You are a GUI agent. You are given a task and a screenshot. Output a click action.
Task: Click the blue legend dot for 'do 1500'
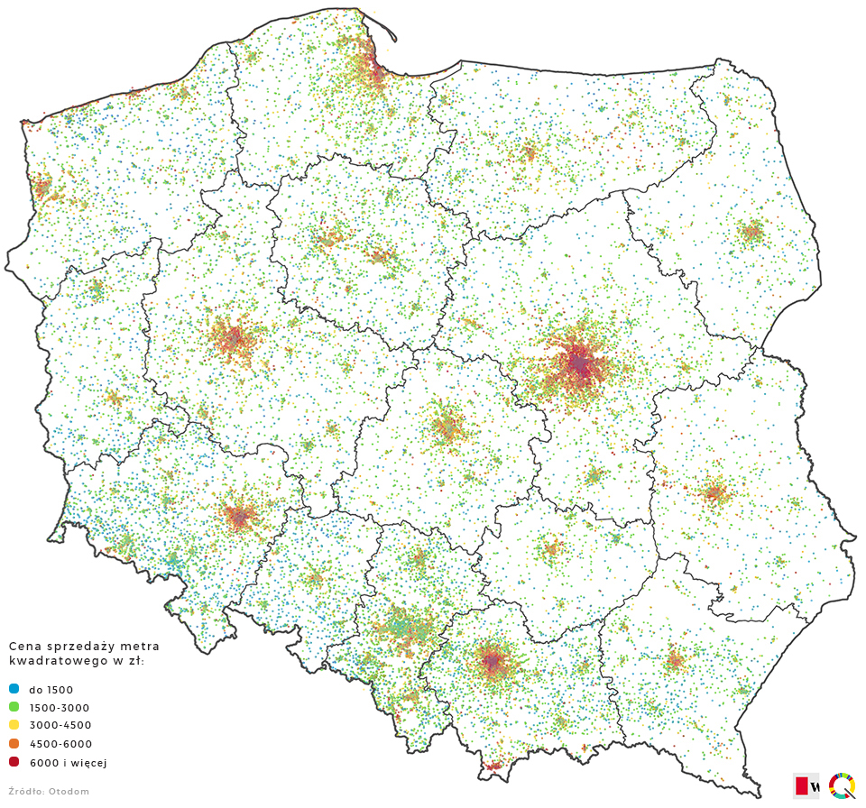14,689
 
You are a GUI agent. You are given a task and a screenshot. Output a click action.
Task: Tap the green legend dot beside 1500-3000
14,707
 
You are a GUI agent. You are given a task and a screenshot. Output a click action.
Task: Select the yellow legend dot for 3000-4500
14,725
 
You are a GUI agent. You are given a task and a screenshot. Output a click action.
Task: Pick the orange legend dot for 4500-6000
14,744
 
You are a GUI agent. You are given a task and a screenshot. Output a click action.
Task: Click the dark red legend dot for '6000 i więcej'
14,762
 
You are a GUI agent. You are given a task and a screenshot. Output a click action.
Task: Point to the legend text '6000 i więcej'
68,763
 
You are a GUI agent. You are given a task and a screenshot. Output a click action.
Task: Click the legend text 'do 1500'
51,690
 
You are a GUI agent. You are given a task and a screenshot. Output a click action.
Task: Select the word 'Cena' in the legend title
24,647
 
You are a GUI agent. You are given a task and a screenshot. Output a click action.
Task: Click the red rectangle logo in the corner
802,785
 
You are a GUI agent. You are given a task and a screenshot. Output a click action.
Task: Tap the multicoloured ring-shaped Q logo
842,785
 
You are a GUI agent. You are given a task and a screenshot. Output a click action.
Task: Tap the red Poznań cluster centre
234,341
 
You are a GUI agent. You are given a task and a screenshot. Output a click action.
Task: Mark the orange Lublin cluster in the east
715,492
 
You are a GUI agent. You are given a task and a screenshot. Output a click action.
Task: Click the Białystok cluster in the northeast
751,233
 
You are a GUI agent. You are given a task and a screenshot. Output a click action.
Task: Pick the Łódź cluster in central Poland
447,427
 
